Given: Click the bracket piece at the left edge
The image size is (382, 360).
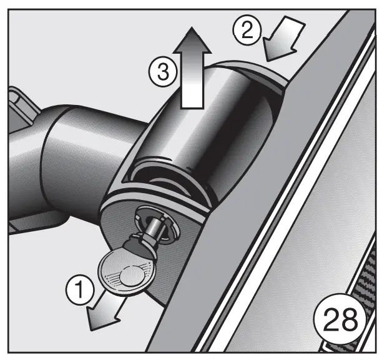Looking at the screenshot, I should coord(19,106).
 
